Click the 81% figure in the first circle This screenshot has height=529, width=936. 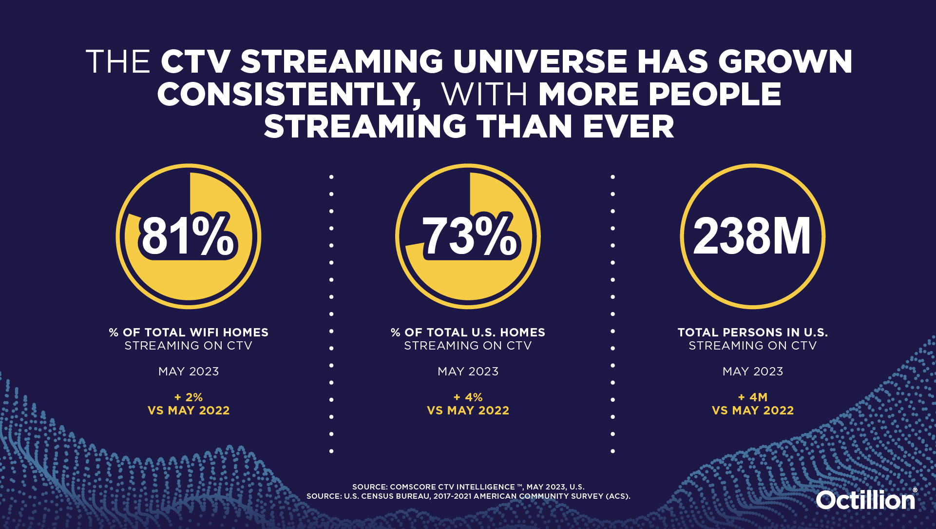[x=188, y=236]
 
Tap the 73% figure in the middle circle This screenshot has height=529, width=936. [x=469, y=236]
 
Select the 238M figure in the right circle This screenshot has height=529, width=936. [x=752, y=236]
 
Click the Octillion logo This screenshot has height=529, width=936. [x=866, y=500]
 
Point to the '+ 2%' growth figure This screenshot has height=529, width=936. [x=189, y=397]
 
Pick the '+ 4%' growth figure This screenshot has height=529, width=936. [x=468, y=397]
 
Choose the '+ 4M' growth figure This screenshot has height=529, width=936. [x=753, y=397]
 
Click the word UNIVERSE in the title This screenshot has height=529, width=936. [x=540, y=62]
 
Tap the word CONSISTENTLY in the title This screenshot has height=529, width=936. [x=289, y=95]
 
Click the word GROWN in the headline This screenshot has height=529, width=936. [x=785, y=62]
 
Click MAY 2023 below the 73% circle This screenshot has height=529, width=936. [x=468, y=372]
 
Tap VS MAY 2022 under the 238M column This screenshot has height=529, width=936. [x=753, y=411]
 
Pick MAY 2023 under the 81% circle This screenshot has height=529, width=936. [x=189, y=372]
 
